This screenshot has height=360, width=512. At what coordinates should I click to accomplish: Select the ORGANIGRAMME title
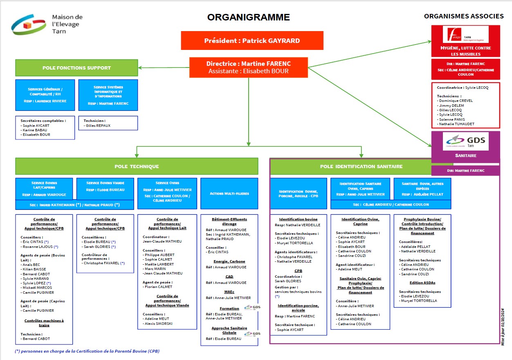[x=248, y=17]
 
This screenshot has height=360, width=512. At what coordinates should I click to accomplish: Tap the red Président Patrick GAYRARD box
[x=252, y=40]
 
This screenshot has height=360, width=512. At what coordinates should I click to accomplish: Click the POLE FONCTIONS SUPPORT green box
[x=76, y=68]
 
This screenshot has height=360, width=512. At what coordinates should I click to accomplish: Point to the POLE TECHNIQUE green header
[x=137, y=166]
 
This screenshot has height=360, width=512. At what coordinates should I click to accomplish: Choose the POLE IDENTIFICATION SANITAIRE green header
[x=361, y=166]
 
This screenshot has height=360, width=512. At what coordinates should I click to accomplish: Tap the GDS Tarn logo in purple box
[x=465, y=142]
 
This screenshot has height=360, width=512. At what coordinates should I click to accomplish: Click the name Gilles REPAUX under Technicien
[x=98, y=126]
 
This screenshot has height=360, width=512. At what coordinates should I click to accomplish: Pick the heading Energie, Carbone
[x=229, y=261]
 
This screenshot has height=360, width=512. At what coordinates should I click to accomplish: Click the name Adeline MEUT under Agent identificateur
[x=350, y=269]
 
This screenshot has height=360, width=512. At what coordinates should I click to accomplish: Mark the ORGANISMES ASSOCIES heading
[x=464, y=16]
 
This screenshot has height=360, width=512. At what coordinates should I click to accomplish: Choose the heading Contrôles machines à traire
[x=44, y=323]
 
